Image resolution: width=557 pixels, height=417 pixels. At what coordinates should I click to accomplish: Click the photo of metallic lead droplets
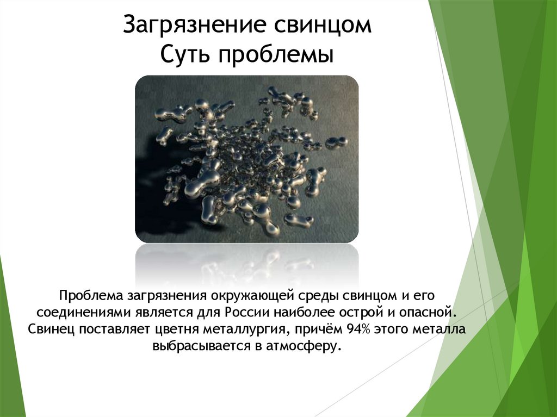point(246,159)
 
